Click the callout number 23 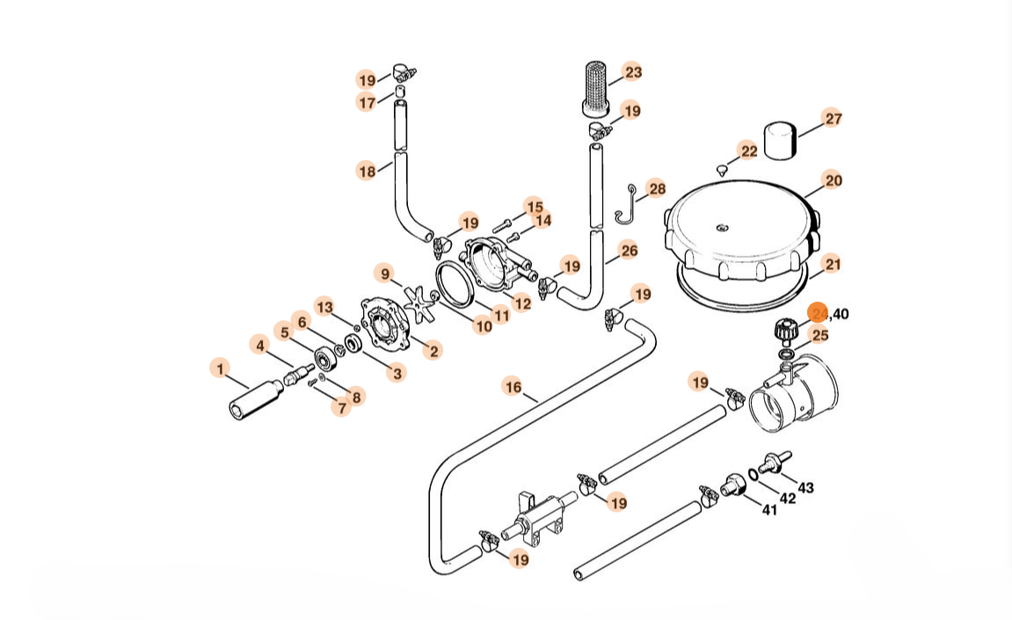pyautogui.click(x=633, y=72)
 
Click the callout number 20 pyautogui.click(x=833, y=180)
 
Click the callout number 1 pyautogui.click(x=220, y=368)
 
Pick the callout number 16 pyautogui.click(x=513, y=386)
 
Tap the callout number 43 pyautogui.click(x=805, y=488)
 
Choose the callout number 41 pyautogui.click(x=769, y=509)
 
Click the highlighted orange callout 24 pyautogui.click(x=819, y=314)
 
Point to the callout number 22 pyautogui.click(x=748, y=151)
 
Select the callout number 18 pyautogui.click(x=367, y=171)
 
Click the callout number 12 pyautogui.click(x=522, y=304)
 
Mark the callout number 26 pyautogui.click(x=629, y=251)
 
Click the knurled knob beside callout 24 pyautogui.click(x=784, y=332)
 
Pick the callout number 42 pyautogui.click(x=788, y=498)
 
